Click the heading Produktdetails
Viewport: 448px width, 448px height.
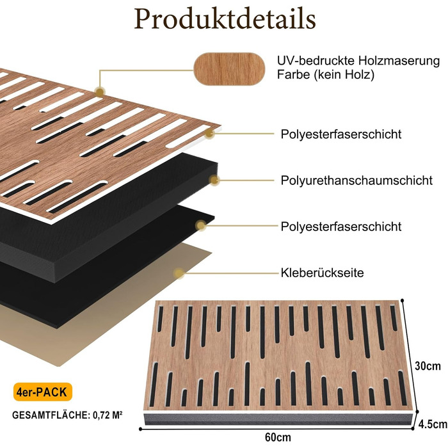tap(225, 19)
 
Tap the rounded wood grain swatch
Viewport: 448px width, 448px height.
tap(229, 69)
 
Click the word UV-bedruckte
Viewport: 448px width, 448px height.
tap(316, 61)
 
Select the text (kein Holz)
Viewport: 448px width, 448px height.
tap(344, 75)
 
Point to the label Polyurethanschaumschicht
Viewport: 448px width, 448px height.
tap(356, 180)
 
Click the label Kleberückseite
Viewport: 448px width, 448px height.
tap(323, 273)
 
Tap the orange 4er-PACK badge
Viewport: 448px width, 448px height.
tap(43, 392)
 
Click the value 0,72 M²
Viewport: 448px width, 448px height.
tap(108, 415)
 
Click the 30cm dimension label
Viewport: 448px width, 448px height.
tap(428, 366)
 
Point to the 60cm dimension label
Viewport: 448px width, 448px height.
tap(278, 437)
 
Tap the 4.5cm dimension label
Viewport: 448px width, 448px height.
tap(433, 424)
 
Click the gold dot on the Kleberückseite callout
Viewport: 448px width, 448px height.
tap(179, 273)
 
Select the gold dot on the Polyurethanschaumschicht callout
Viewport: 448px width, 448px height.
tap(214, 180)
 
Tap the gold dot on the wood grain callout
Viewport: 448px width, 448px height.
tap(100, 92)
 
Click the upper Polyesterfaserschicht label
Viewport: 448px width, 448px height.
tap(341, 134)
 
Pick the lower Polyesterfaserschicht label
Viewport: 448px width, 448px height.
tap(341, 227)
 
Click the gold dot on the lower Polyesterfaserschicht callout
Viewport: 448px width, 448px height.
tap(201, 226)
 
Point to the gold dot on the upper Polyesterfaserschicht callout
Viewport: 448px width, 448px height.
tap(210, 133)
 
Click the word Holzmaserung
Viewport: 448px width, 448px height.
tap(399, 61)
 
